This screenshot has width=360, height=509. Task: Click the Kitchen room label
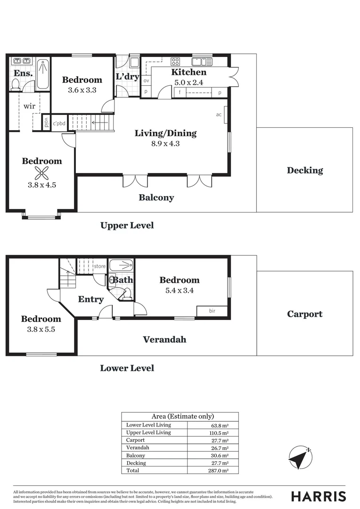point(188,72)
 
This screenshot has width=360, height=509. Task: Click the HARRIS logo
point(319,496)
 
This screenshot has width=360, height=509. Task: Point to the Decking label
point(305,171)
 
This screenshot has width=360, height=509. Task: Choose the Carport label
point(304,314)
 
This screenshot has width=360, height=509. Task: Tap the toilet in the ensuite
point(16,85)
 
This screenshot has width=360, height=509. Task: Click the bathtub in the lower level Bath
point(121,265)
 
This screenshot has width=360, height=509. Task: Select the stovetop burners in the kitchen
point(175,61)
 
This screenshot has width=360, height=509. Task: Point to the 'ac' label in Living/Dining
point(219,115)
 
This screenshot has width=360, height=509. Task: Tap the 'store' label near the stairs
point(99,266)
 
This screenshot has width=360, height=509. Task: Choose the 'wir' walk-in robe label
point(29,106)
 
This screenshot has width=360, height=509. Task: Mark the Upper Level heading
point(127,225)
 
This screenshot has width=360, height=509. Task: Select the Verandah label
point(164,339)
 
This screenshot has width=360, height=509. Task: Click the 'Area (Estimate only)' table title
point(182,416)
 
